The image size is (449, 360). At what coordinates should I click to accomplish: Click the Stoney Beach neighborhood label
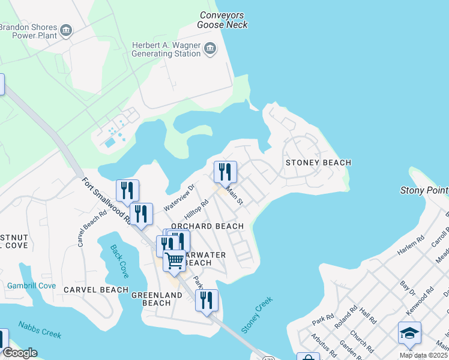[x=318, y=163]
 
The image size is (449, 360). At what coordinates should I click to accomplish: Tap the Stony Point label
[x=424, y=191]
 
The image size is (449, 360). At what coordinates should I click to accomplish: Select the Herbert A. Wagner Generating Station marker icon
[x=210, y=48]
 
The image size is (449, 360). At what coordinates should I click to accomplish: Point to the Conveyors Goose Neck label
[x=223, y=20]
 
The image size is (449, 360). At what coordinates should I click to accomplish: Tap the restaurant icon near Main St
[x=226, y=172]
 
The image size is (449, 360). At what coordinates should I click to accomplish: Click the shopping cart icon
[x=175, y=261]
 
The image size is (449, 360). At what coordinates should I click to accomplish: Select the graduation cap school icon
[x=409, y=333]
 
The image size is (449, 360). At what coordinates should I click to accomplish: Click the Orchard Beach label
[x=207, y=226]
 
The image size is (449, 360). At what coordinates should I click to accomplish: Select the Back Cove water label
[x=119, y=260]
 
